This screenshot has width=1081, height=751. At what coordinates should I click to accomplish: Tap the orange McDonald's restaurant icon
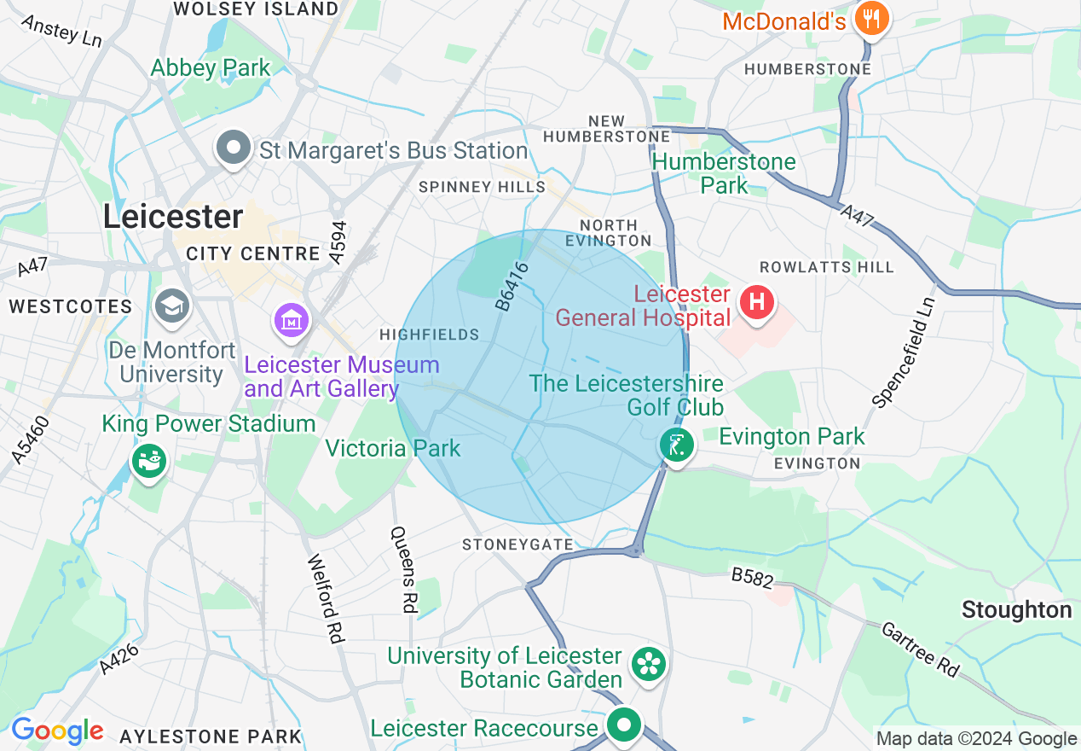[870, 18]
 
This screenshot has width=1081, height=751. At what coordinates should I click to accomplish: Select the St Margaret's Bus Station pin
[233, 149]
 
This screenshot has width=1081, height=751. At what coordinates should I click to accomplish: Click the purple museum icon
[292, 321]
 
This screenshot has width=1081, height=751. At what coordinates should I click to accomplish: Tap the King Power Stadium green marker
[149, 461]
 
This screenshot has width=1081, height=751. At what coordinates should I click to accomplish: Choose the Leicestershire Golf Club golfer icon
[676, 445]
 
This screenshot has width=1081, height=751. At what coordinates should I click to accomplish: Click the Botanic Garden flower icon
[648, 663]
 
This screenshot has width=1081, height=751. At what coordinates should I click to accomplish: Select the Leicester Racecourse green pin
[624, 726]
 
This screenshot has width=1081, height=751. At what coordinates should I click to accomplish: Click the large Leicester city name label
[173, 217]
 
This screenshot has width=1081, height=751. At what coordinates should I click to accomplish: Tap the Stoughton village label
[1016, 610]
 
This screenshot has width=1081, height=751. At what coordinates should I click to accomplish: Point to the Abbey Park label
[210, 68]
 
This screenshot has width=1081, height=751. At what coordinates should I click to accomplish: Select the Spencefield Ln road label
[903, 351]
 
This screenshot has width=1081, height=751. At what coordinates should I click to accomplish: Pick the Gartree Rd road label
[920, 649]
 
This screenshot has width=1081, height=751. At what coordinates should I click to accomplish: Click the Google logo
[57, 731]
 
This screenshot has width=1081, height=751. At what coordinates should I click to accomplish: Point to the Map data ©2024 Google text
[976, 739]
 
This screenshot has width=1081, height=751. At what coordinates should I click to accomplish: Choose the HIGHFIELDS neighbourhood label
[430, 335]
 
